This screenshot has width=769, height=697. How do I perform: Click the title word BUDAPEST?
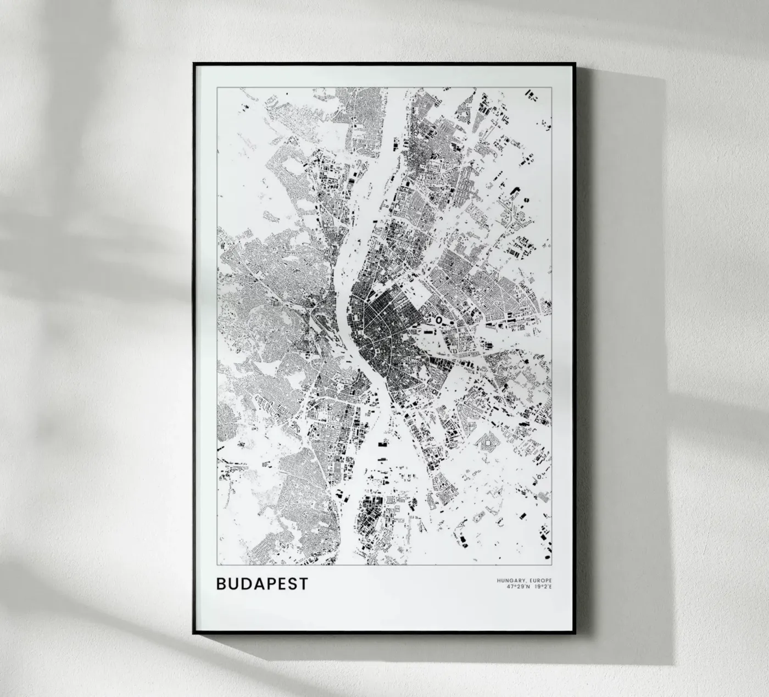[x=262, y=583]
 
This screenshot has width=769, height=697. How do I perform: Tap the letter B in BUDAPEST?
[x=221, y=583]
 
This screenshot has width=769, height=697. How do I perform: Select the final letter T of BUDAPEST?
[x=303, y=583]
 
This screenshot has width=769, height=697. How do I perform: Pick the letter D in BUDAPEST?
[x=246, y=583]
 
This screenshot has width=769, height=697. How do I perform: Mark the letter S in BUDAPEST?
[x=292, y=583]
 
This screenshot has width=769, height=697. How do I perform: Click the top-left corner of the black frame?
[x=193, y=63]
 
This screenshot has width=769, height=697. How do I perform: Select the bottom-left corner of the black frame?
[x=193, y=634]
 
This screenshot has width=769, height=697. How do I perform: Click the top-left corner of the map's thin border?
[x=217, y=88]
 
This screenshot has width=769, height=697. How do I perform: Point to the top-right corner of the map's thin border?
[x=551, y=88]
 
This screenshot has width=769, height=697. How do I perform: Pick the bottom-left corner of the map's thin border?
[x=217, y=564]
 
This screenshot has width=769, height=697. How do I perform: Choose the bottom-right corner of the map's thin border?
[x=551, y=564]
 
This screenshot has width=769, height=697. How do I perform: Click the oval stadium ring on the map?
[x=439, y=319]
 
